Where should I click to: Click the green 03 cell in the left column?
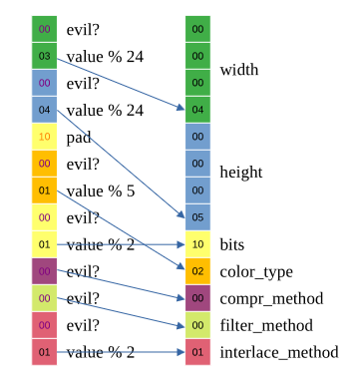[44, 56]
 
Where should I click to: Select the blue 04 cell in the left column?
[44, 110]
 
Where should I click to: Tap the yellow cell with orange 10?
[44, 137]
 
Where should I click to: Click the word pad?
[79, 137]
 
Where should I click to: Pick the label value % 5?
[101, 191]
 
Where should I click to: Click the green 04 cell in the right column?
[197, 110]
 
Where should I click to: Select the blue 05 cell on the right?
[197, 217]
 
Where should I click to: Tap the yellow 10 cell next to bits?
[197, 244]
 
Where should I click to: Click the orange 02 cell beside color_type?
[197, 271]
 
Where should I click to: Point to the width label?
[239, 70]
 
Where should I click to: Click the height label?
[241, 173]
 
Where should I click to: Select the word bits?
[232, 244]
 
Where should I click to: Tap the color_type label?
[256, 272]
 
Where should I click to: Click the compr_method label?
[271, 298]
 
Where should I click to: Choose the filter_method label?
[266, 325]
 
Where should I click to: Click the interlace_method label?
[279, 352]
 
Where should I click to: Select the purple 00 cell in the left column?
[44, 271]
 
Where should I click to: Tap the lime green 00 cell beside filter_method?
[197, 325]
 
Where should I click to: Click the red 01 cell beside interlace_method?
[197, 352]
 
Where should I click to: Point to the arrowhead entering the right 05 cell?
[181, 214]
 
